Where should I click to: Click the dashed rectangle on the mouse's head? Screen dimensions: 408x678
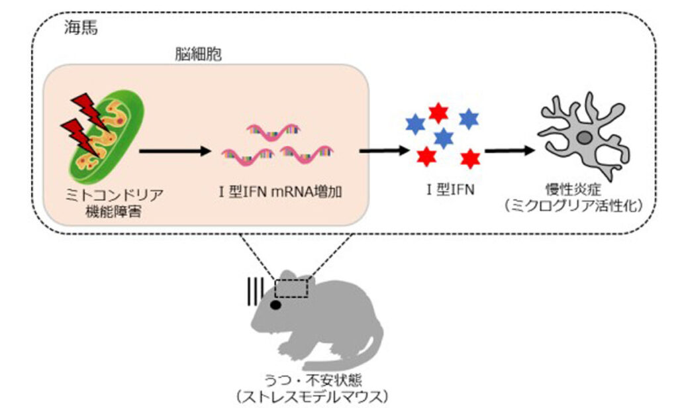tap(291, 287)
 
